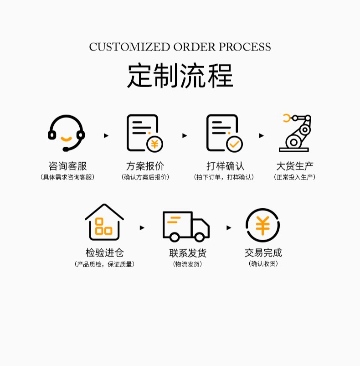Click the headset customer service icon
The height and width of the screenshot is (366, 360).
tap(67, 133)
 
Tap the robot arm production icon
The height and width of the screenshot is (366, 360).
tap(294, 133)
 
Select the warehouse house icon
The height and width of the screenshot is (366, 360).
tap(104, 222)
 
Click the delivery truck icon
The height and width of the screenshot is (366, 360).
tap(185, 226)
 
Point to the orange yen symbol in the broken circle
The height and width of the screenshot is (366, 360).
tap(262, 225)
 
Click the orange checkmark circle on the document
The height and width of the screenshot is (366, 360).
tap(234, 144)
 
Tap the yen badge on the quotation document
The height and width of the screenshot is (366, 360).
tap(154, 144)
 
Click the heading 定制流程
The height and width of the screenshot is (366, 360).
tap(180, 76)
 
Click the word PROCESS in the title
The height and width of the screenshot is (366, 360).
tap(245, 47)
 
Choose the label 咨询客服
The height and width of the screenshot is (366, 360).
tap(67, 166)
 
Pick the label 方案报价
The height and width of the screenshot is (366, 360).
tap(145, 166)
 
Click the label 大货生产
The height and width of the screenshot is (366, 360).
tap(295, 166)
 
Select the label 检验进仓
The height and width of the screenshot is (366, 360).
tap(104, 253)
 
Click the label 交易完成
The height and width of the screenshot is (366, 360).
tap(263, 253)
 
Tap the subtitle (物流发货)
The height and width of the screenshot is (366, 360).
tap(187, 264)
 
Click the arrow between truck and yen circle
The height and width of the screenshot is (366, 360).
tap(229, 227)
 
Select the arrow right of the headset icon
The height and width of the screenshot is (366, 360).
tap(106, 135)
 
